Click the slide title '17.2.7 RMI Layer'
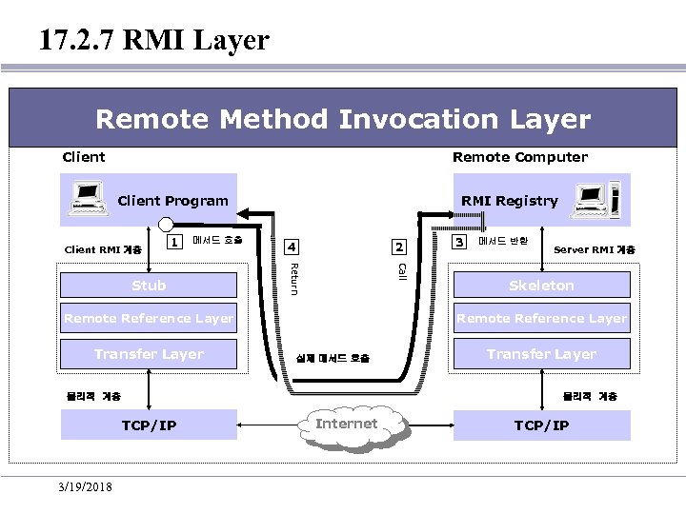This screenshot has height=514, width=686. click(154, 40)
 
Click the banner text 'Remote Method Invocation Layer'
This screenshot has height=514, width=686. click(343, 119)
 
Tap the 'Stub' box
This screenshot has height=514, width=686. click(149, 286)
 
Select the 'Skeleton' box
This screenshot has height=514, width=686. click(541, 286)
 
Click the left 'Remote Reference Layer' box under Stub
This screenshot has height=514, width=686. click(149, 319)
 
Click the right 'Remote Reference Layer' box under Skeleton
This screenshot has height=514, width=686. click(541, 319)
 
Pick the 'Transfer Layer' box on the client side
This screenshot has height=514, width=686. click(149, 354)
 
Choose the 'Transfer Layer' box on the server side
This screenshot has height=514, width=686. click(541, 354)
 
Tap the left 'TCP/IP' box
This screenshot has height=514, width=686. click(149, 425)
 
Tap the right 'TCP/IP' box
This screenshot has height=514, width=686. click(541, 425)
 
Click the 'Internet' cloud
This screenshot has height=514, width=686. click(347, 425)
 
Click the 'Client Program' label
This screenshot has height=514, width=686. click(172, 201)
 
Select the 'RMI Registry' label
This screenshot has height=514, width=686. click(509, 201)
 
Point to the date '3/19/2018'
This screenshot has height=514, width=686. click(84, 487)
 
